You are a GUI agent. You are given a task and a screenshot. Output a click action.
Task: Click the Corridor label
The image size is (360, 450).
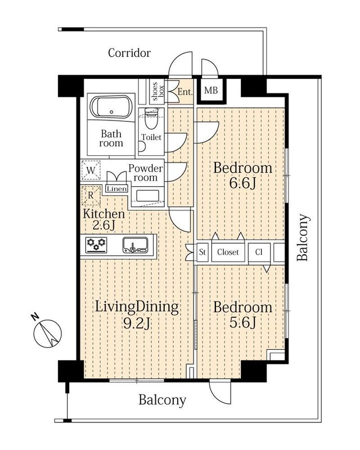129,53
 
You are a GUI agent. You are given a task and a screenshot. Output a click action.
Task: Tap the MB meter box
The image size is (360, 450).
211,91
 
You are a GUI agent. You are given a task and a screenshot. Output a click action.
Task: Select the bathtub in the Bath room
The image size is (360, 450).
112,107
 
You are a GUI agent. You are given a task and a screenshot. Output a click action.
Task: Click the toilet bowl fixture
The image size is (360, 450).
151,118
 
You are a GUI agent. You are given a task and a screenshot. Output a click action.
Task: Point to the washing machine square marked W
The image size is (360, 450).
91,170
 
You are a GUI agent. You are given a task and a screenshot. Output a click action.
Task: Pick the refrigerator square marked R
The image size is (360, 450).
91,195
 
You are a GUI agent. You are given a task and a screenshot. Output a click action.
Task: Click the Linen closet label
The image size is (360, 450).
117,188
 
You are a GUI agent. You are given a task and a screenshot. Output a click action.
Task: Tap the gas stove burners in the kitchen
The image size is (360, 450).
96,245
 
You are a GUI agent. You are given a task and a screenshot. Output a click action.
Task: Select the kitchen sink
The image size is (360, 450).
135,245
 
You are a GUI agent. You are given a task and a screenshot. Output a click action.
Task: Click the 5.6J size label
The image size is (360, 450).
242,322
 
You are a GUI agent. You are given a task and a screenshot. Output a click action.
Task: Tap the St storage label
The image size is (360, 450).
202,252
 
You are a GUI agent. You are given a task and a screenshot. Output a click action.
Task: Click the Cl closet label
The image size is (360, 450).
259,252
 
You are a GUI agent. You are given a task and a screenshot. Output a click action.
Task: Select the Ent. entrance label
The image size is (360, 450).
185,92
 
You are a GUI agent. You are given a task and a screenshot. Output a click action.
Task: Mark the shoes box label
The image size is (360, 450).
157,92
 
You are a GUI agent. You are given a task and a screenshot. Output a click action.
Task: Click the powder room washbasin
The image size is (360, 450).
147,196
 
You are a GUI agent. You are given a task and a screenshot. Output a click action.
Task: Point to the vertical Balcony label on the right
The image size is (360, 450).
303,237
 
